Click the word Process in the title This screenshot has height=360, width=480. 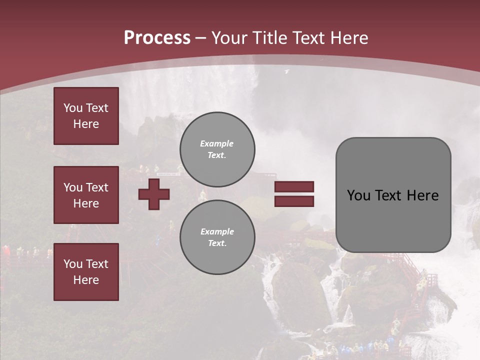[157, 38]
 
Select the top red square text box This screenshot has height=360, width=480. [86, 116]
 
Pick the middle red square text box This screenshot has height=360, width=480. [86, 195]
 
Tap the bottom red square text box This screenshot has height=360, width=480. [86, 271]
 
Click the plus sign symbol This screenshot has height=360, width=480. [154, 193]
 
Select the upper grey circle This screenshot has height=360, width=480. [217, 149]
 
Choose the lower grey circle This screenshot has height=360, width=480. [217, 237]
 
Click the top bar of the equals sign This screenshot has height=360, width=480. [294, 187]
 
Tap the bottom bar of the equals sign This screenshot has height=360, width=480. [294, 201]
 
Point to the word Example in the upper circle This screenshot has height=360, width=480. [216, 143]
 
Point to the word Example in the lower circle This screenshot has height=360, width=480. [217, 231]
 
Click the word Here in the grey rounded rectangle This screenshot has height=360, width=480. [422, 195]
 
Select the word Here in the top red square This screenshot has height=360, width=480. [86, 124]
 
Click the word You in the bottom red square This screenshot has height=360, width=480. [72, 264]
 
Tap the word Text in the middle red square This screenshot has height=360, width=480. [96, 187]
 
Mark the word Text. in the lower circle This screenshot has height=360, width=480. [217, 243]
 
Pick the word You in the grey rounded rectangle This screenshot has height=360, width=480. [358, 195]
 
